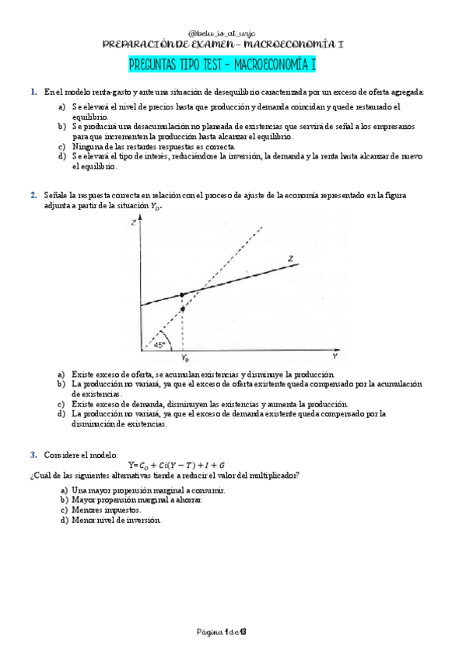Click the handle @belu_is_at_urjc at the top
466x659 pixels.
point(233,35)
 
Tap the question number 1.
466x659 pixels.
point(33,92)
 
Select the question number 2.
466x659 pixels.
point(33,194)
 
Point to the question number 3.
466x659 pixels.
point(33,454)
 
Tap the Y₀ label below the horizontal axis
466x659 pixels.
point(184,359)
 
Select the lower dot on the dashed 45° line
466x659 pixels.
point(182,309)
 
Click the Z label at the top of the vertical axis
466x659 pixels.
point(135,223)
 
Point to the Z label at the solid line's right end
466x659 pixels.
point(290,257)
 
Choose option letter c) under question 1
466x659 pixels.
point(62,146)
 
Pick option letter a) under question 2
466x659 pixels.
point(62,374)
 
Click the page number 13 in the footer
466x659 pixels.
point(243,630)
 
